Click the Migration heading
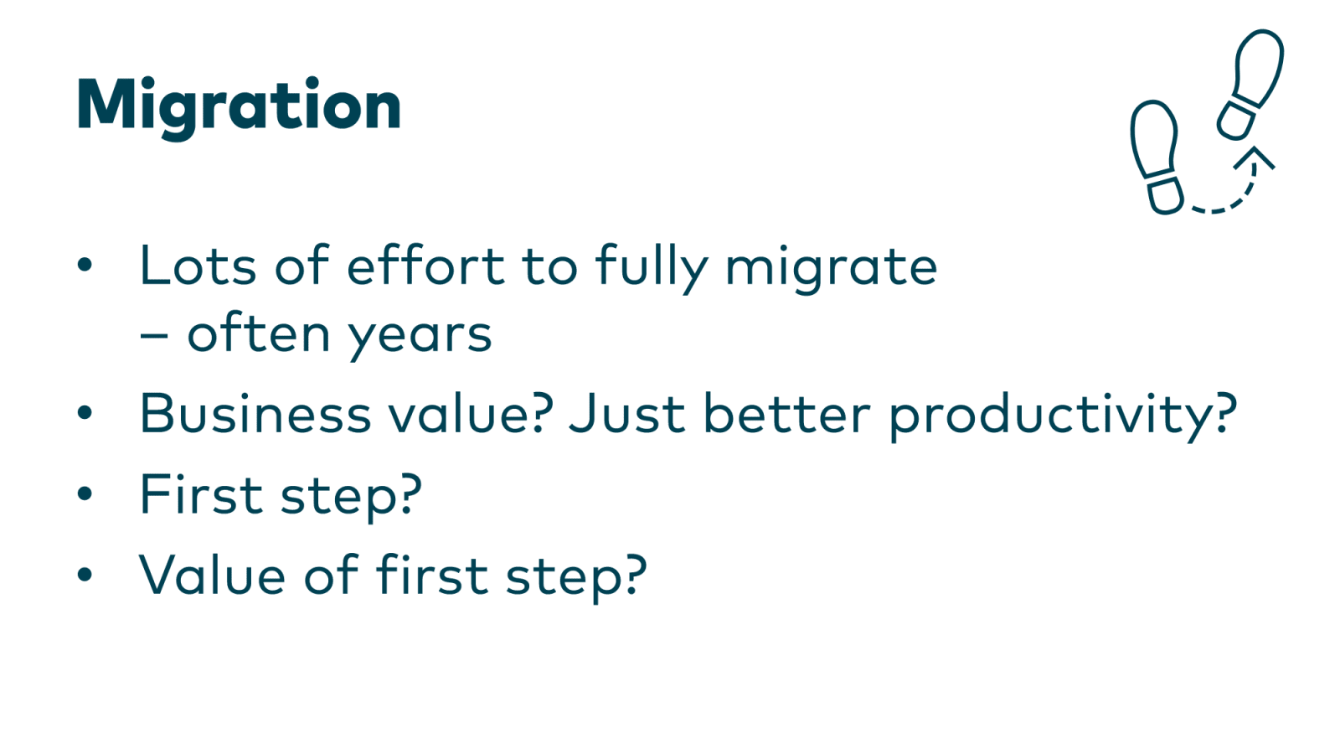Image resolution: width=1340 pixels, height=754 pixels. coord(239,106)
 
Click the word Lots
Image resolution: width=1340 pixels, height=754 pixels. coord(198,266)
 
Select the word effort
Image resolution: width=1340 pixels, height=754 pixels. coord(425,266)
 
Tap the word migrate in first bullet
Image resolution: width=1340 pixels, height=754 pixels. coord(831,268)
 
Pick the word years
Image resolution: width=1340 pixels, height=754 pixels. coord(420,335)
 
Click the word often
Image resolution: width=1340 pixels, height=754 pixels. coord(259,333)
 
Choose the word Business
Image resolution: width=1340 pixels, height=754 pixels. coord(255,414)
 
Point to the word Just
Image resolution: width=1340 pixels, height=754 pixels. coord(627,414)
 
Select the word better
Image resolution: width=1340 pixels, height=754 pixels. coord(786,414)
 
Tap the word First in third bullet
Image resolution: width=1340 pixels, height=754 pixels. coord(201,494)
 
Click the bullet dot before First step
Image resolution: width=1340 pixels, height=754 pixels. coord(85,493)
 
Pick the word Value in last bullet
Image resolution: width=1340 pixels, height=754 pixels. coord(212,576)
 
